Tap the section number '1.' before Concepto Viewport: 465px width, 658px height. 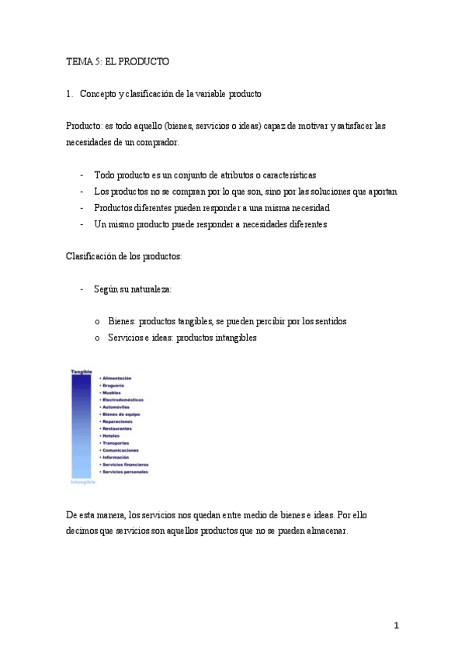coord(70,94)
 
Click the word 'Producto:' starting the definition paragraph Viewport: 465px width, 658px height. coord(83,126)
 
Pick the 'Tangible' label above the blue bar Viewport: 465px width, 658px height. coord(82,372)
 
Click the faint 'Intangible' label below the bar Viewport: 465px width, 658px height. coord(83,482)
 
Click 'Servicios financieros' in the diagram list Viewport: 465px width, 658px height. coord(127,464)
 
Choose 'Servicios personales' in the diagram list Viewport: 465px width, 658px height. coord(125,472)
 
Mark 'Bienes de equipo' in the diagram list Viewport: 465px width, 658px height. coord(122,414)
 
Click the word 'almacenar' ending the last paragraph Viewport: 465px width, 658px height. coord(326,532)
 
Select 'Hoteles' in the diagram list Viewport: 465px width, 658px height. coord(112,435)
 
